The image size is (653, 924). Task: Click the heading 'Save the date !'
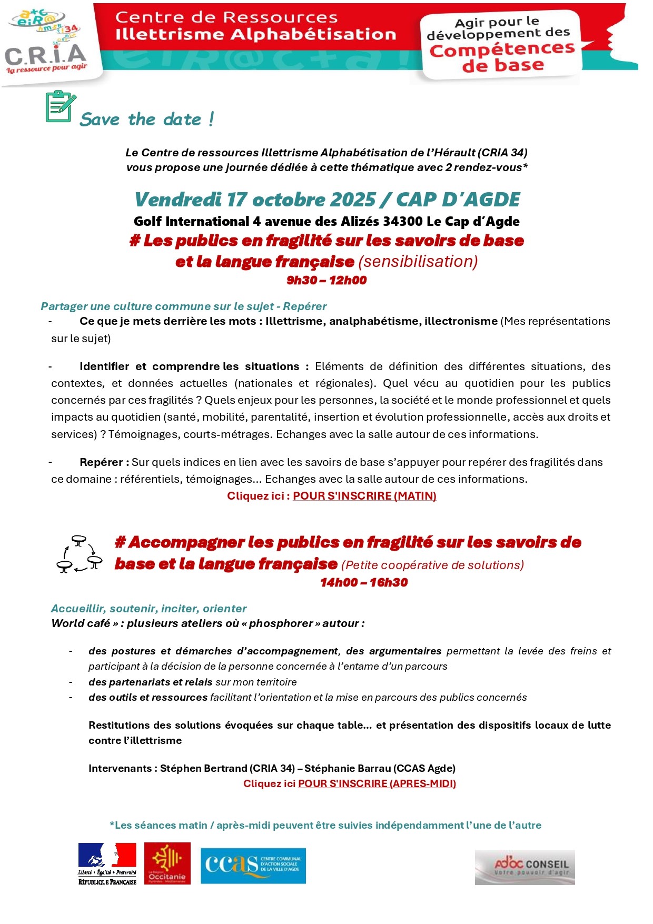[147, 120]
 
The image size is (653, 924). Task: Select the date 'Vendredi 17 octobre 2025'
[255, 200]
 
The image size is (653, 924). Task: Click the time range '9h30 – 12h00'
[326, 280]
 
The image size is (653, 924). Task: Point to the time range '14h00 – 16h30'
[364, 582]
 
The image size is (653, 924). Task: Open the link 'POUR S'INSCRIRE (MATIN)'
[364, 496]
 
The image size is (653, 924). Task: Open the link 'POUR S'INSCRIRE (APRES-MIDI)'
[377, 783]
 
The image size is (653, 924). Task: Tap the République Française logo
[107, 863]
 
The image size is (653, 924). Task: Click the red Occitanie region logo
[167, 863]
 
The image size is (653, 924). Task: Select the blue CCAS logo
[253, 866]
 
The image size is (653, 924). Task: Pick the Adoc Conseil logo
[525, 867]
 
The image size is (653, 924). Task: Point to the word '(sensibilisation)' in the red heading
[418, 262]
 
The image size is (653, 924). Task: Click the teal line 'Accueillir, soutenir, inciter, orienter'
[149, 609]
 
